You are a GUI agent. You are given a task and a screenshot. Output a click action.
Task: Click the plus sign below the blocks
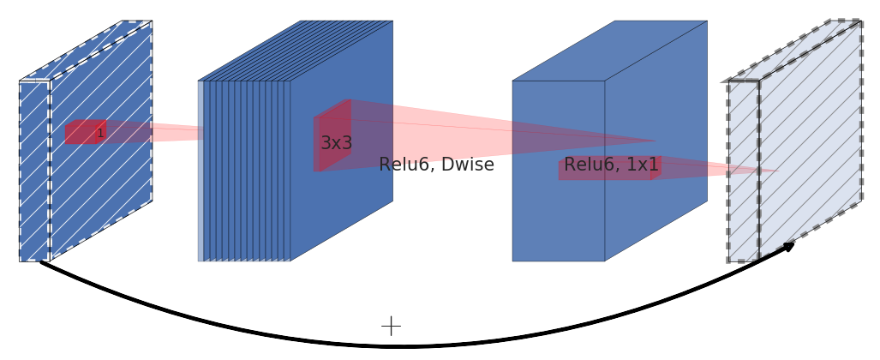tap(391, 326)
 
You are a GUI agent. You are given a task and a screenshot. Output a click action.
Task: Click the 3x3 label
tap(336, 143)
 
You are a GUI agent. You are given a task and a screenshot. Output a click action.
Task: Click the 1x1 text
tap(642, 165)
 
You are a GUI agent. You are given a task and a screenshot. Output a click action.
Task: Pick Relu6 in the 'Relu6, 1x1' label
tap(590, 165)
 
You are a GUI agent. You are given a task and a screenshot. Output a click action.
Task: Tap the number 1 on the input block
tap(100, 133)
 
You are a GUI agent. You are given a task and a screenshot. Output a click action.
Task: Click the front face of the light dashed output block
tap(743, 171)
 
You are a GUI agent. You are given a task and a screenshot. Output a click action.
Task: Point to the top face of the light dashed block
tap(793, 51)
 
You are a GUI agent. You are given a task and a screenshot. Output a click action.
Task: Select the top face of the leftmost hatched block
tap(86, 51)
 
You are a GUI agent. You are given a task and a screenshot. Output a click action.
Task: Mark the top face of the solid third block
tap(610, 51)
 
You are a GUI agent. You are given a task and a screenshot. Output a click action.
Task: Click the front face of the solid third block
tap(559, 214)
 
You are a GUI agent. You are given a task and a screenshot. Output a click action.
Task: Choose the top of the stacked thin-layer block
tap(296, 51)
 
